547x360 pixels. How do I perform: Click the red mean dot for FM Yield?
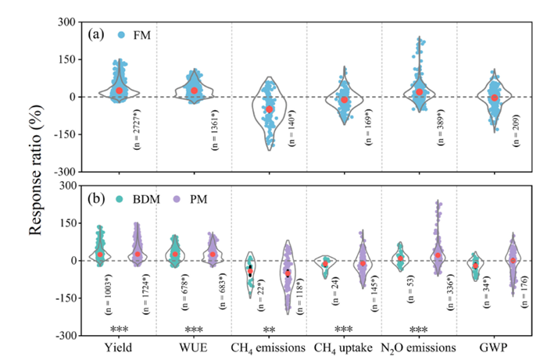point(120,91)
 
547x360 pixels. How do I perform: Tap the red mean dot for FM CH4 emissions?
point(270,109)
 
